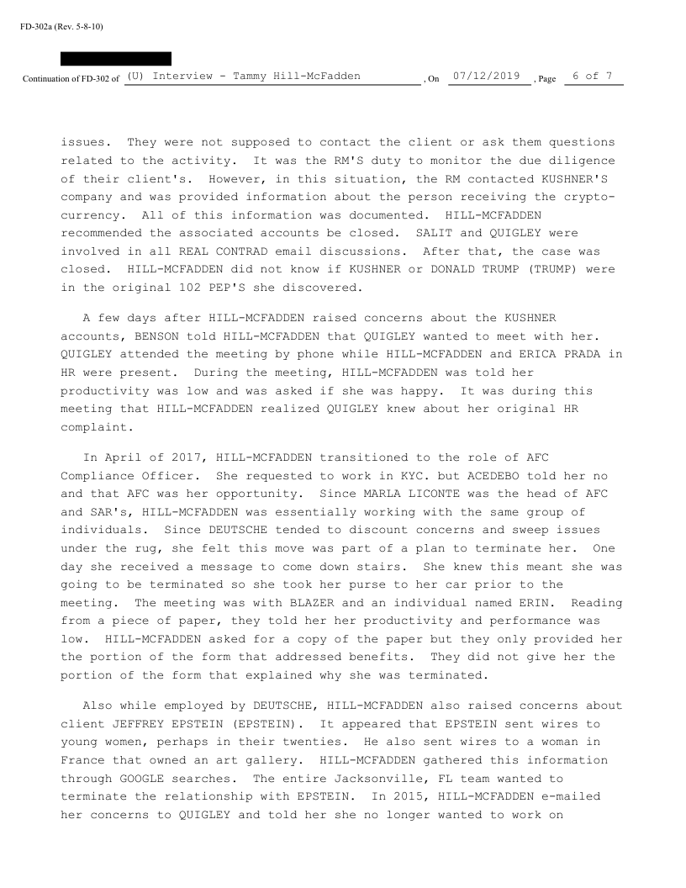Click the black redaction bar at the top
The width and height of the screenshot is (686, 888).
click(116, 59)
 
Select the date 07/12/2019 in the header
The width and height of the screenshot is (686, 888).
click(486, 77)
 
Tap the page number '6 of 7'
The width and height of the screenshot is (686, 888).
click(593, 77)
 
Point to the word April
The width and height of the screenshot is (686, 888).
click(119, 457)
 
